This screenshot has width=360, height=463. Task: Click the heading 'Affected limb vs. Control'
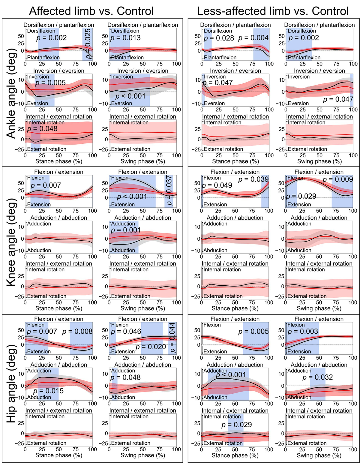coord(91,11)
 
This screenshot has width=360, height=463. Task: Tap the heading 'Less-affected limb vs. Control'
coord(273,11)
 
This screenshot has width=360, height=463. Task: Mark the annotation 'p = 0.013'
coord(125,38)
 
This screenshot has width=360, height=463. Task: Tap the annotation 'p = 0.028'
coord(219,38)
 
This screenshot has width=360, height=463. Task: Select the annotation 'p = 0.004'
coord(253,38)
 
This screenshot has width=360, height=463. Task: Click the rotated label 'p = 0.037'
coord(169,190)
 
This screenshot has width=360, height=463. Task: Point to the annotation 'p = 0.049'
coord(217,185)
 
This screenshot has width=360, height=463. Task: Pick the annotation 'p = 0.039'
coord(253,179)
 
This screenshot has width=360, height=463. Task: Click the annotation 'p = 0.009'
coord(337,180)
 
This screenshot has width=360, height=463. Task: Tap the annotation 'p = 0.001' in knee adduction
coord(126,230)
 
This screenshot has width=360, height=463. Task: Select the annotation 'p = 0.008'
coord(77,332)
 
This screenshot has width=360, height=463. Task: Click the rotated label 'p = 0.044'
coord(172,338)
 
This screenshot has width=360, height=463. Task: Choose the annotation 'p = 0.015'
coord(48,391)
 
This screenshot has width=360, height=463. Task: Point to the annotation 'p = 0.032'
coord(317,377)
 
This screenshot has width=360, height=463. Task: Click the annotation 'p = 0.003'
coord(303,332)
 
